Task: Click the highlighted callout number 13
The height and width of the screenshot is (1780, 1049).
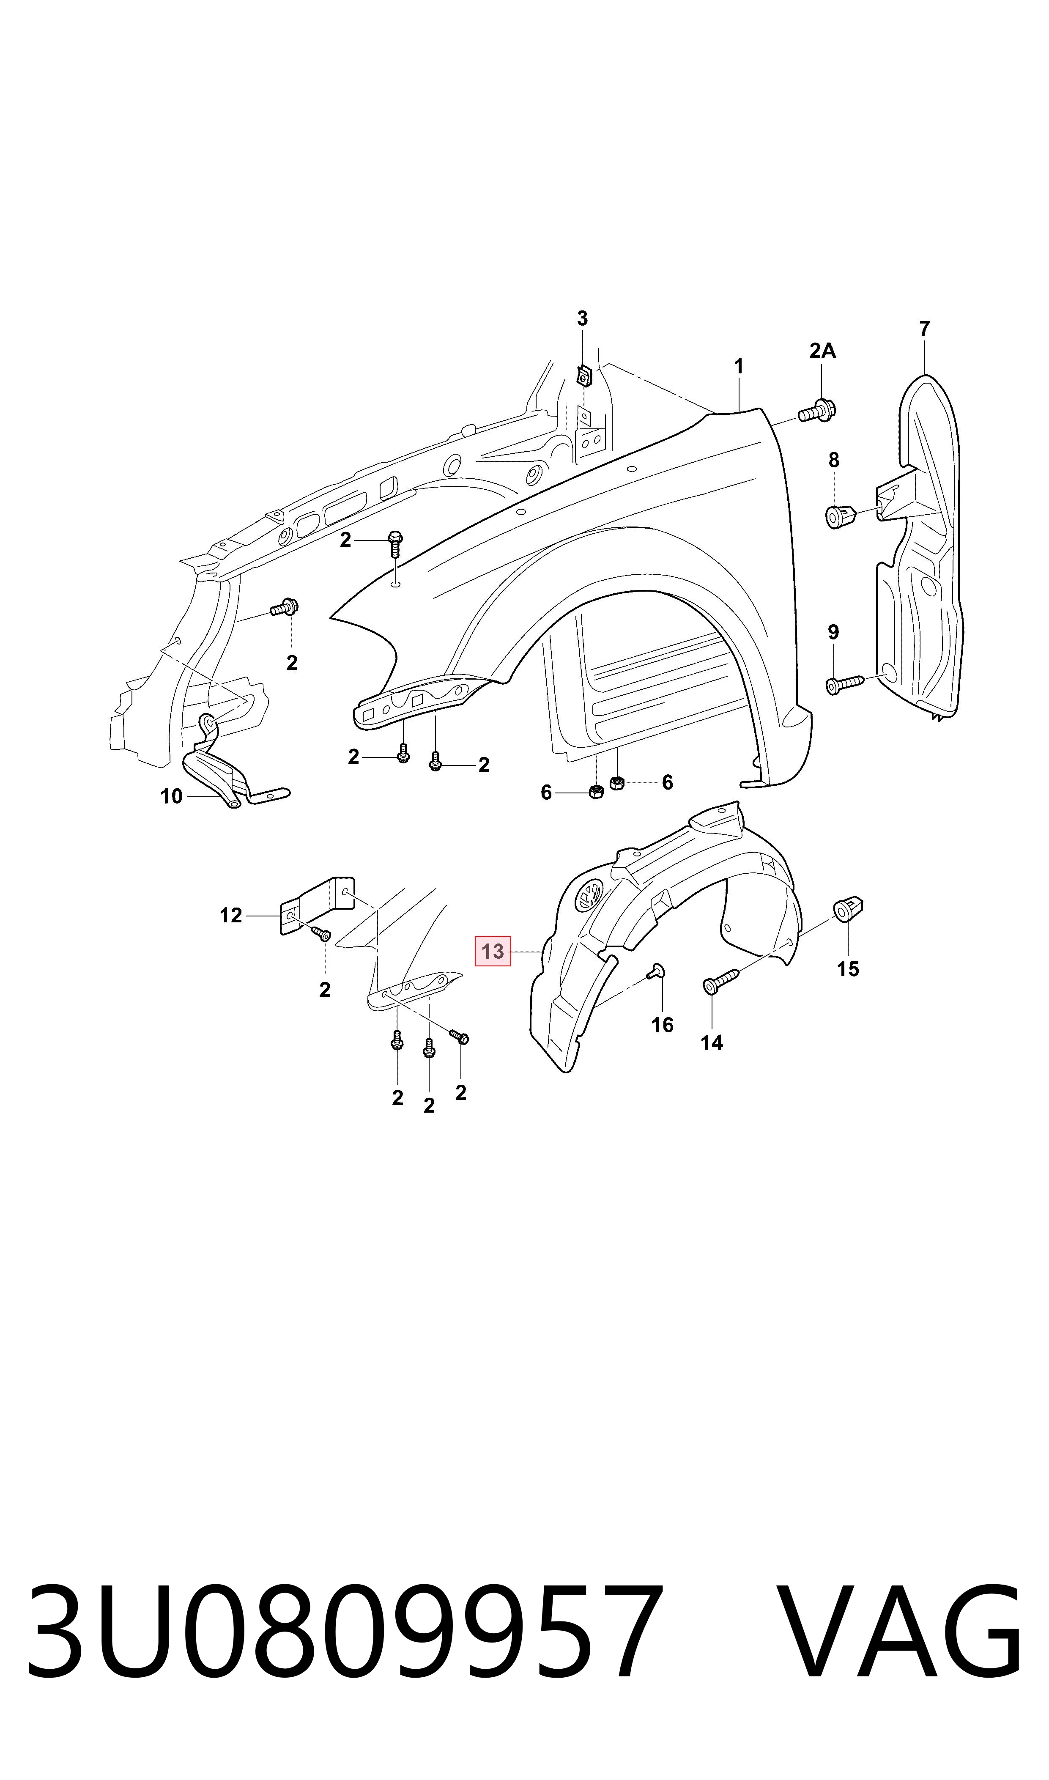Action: [x=493, y=951]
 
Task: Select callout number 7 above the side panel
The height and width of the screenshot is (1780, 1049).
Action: [x=925, y=329]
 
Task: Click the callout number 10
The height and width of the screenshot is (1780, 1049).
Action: [x=172, y=797]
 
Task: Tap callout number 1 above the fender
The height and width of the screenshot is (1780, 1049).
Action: [x=739, y=367]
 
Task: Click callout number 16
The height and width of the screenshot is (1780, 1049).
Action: [x=663, y=1025]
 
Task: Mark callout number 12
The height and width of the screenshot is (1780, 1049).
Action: [x=231, y=916]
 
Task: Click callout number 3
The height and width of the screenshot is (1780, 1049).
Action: [x=583, y=319]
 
